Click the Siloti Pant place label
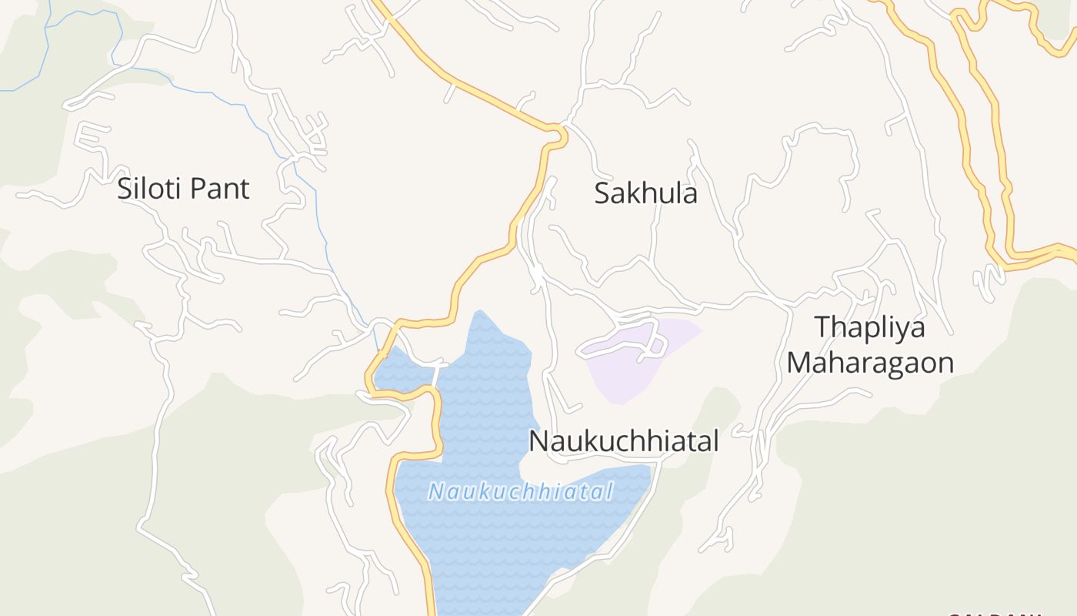[183, 189]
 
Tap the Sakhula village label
[645, 193]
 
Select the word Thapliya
[869, 326]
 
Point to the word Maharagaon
[869, 362]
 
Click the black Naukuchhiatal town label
[623, 441]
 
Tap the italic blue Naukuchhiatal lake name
[520, 491]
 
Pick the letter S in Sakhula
[602, 193]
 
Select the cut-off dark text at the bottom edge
[992, 614]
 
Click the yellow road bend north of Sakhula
[559, 135]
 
